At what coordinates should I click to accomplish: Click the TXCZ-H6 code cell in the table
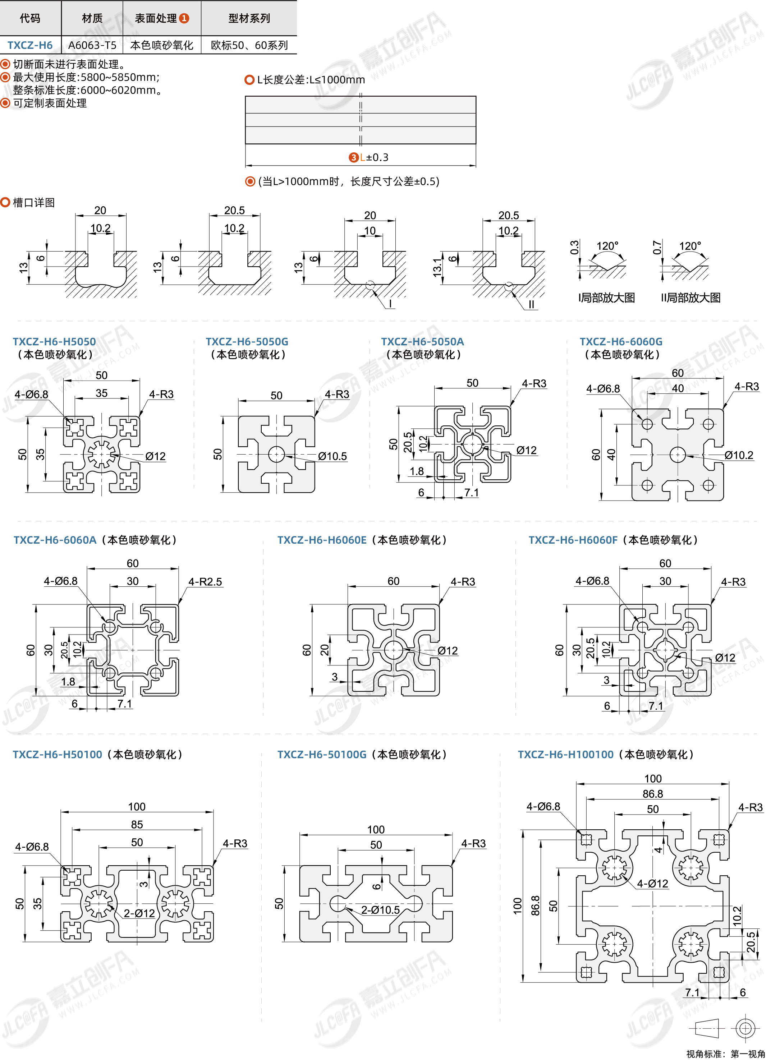click(30, 45)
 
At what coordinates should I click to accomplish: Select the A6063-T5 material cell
click(92, 45)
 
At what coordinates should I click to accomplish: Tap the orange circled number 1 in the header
click(184, 18)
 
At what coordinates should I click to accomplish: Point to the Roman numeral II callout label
click(531, 305)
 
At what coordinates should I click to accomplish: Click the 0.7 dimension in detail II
click(657, 247)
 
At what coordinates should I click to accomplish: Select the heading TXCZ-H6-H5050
click(54, 342)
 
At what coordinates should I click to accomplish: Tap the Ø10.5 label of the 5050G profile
click(332, 456)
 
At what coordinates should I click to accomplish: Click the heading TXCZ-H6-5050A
click(422, 342)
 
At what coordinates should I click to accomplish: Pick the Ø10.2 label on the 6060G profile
click(739, 455)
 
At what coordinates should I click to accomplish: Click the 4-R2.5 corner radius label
click(205, 582)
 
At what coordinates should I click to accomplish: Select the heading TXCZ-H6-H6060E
click(322, 540)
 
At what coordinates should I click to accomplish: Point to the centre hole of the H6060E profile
click(393, 650)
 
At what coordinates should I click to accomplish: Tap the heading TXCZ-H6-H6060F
click(573, 540)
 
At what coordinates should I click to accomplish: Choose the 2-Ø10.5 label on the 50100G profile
click(380, 910)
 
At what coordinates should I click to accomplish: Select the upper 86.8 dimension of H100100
click(652, 794)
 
